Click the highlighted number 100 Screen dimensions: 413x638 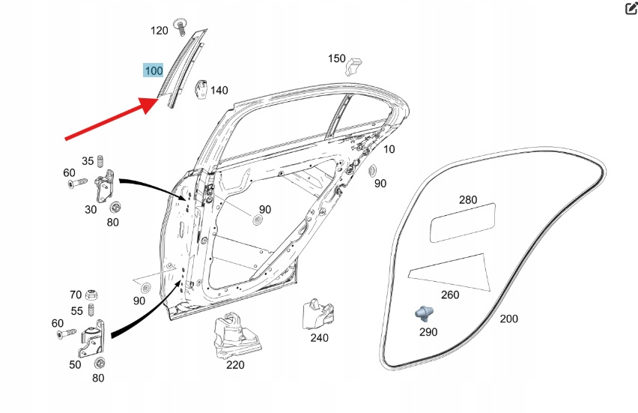coord(154,71)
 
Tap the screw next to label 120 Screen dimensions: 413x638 coord(180,25)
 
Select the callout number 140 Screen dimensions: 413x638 coord(219,91)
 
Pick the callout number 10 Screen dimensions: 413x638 coord(389,149)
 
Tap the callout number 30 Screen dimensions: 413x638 coord(91,210)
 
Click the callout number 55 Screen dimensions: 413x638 coord(77,311)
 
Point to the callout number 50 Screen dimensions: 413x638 coord(75,364)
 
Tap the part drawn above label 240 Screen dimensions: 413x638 coord(315,313)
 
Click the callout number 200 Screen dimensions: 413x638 coord(508,319)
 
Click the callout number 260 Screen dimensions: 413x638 coord(450,295)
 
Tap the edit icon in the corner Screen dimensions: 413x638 coord(631,9)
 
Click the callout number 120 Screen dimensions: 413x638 coord(159,31)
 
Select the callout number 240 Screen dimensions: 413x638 coord(319,338)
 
